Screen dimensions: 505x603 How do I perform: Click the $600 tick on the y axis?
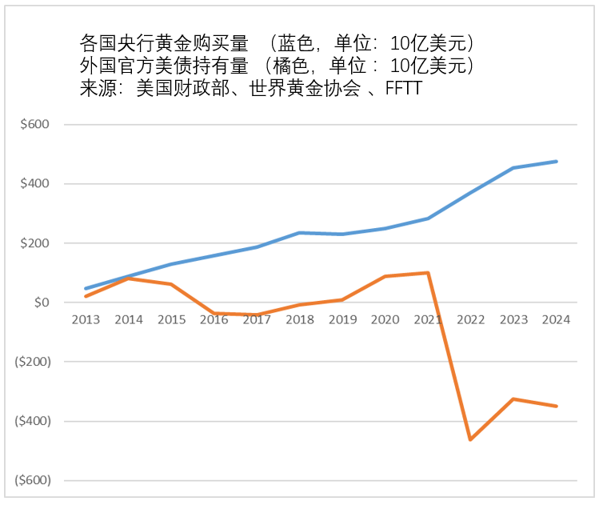point(35,125)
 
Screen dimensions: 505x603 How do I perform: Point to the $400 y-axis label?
point(35,184)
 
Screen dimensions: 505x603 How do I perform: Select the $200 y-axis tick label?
point(35,243)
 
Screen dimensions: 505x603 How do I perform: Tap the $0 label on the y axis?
point(40,303)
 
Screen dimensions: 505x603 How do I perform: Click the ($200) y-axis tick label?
point(32,362)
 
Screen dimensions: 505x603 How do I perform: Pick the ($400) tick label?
point(32,421)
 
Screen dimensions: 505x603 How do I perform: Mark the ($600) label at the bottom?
point(32,480)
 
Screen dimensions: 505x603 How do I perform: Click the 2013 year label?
point(86,320)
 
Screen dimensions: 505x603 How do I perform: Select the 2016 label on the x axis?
point(214,320)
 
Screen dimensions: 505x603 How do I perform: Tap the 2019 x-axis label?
point(342,320)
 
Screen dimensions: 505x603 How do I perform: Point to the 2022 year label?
point(470,320)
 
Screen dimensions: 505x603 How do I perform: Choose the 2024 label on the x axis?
point(556,320)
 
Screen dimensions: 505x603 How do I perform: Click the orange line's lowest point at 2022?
point(470,439)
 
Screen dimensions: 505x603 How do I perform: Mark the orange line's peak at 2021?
point(428,273)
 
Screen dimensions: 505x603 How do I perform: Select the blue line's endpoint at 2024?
point(556,162)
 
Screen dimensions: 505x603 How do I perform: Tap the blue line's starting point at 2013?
point(86,288)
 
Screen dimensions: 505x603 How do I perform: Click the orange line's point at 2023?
point(513,399)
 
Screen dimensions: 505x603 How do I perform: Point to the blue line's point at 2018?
point(299,233)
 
